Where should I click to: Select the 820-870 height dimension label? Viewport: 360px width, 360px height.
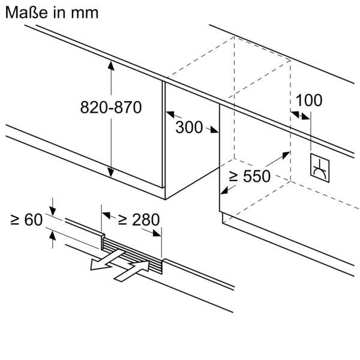click(111, 107)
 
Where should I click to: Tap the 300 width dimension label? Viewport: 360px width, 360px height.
click(189, 127)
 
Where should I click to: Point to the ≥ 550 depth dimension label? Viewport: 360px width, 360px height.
click(250, 176)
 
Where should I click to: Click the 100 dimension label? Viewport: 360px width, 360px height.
click(309, 100)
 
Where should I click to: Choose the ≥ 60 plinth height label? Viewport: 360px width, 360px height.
click(27, 220)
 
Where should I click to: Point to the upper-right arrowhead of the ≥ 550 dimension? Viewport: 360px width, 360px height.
click(284, 155)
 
